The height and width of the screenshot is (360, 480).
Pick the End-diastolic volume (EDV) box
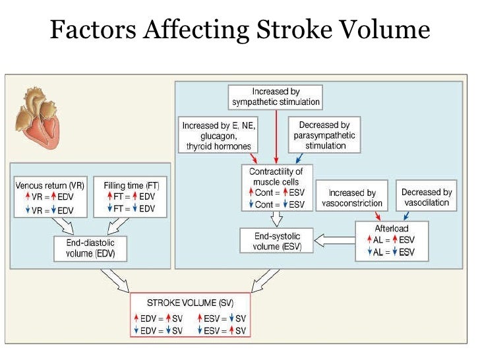(x=90, y=249)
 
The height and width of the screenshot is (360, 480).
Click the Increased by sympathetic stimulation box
(x=276, y=96)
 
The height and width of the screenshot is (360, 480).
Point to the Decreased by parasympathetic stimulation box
(x=324, y=135)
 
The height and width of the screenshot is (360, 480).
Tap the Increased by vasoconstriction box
(x=352, y=197)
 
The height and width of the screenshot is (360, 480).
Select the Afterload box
(x=391, y=241)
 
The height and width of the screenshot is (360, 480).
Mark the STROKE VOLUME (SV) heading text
(x=190, y=303)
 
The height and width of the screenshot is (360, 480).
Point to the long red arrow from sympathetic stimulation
(x=276, y=136)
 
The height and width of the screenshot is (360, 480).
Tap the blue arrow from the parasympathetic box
(x=301, y=159)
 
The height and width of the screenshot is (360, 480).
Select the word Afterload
(x=391, y=229)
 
